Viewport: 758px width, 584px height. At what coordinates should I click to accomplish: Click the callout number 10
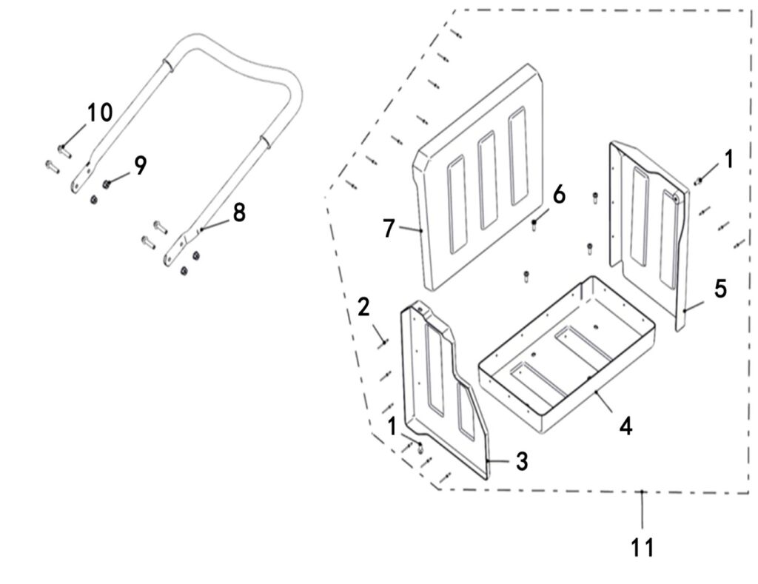point(100,113)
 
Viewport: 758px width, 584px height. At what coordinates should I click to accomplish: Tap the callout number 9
point(140,164)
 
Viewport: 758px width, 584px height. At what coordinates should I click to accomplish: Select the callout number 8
point(238,212)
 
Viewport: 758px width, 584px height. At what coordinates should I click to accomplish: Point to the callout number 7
point(389,228)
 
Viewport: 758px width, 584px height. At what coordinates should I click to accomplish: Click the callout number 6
point(559,195)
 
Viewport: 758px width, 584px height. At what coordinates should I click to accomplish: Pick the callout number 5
point(720,289)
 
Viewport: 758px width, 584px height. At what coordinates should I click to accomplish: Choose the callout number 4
point(626,427)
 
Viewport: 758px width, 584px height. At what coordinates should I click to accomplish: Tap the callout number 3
point(522,462)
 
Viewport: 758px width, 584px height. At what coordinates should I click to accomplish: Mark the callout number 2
point(363,306)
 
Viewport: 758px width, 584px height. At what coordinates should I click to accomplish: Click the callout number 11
point(643,548)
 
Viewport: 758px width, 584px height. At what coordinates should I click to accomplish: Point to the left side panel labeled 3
point(437,385)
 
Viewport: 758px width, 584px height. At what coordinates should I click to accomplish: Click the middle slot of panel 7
point(486,181)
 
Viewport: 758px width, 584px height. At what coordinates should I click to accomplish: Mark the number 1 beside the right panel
point(728,158)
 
